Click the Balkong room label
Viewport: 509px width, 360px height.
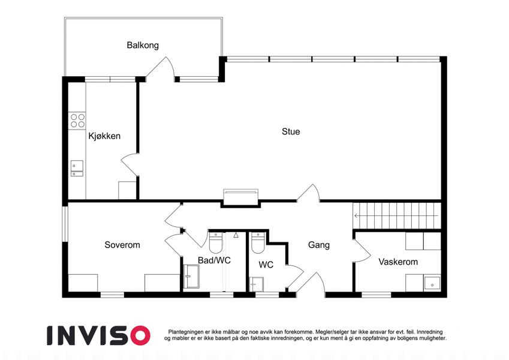tap(143, 45)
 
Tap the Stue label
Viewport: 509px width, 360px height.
tap(291, 131)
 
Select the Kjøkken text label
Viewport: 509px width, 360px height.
tap(104, 136)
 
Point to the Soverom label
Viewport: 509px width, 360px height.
tap(122, 245)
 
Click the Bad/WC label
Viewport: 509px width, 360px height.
tap(214, 260)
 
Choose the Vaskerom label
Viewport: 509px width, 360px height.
tap(398, 262)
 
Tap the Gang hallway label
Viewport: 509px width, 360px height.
tap(319, 245)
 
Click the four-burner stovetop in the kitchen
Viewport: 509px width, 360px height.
tap(77, 121)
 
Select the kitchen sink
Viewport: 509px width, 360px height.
tap(77, 169)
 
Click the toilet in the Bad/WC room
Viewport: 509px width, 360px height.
tap(216, 242)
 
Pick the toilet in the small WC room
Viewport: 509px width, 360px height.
tap(258, 243)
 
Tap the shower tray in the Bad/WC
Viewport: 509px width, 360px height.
tap(191, 277)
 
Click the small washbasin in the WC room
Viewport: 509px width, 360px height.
tap(257, 284)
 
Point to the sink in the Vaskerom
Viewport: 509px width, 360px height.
tap(432, 284)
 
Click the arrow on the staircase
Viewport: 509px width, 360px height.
tap(396, 216)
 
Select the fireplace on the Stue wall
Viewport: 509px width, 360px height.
tap(240, 197)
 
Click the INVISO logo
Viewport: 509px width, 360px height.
tap(99, 335)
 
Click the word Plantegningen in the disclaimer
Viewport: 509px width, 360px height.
tap(186, 332)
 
